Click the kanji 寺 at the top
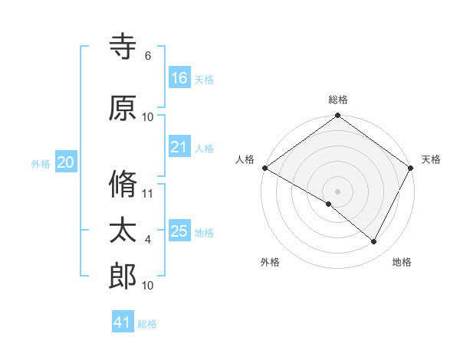coord(123,47)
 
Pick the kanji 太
coord(123,231)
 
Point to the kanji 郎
coord(123,277)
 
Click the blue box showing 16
coord(179,78)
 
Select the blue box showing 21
coord(179,147)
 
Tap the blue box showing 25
coord(179,231)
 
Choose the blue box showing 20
coord(66,162)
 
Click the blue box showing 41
coord(123,322)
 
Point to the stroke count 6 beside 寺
coord(148,56)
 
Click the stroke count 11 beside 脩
coord(148,194)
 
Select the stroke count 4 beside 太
coord(148,240)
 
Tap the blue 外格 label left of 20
coord(41,164)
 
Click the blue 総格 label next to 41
coord(147,324)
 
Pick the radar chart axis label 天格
coord(431,159)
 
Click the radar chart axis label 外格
coord(270,262)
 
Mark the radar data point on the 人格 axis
coord(264,168)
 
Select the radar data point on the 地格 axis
coord(374,242)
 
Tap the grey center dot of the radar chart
coord(337,191)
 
